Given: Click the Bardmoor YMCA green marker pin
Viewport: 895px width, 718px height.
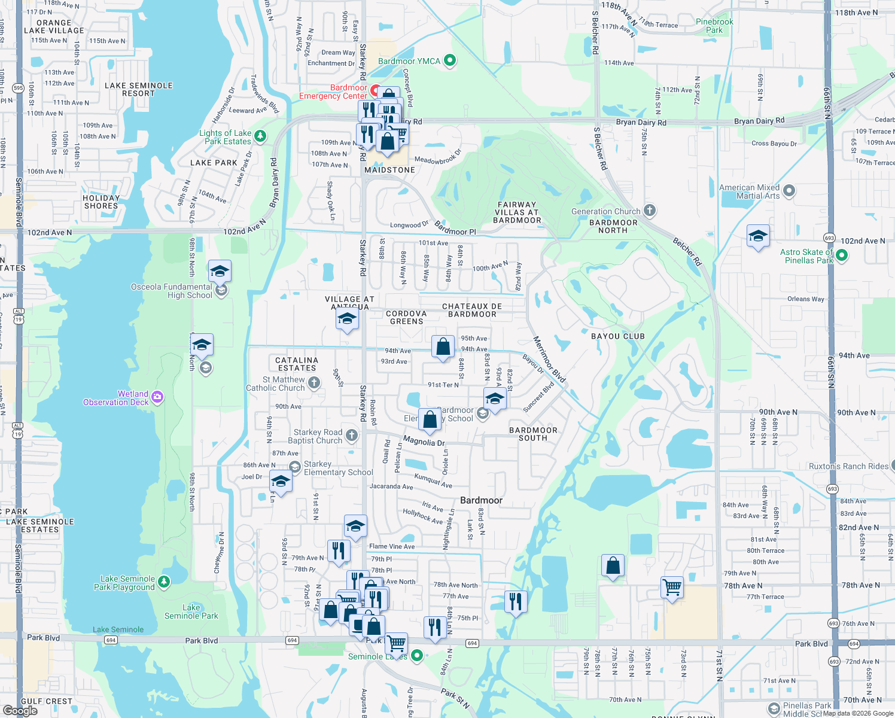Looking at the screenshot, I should (x=450, y=60).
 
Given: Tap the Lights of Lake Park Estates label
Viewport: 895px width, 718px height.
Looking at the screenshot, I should (x=226, y=138).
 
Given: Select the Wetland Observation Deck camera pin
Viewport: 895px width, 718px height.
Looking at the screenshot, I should (x=157, y=397).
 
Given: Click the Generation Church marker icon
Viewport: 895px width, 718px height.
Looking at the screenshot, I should (x=650, y=211).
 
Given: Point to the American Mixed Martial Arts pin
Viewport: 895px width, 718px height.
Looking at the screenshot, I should (x=789, y=191).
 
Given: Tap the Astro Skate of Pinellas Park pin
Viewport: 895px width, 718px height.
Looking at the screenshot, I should (x=842, y=255).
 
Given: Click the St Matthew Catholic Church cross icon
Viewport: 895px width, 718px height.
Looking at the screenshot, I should (x=315, y=383).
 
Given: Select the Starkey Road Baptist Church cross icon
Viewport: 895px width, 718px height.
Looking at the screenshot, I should (x=352, y=436).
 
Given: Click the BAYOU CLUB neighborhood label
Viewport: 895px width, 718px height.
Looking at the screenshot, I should (x=618, y=336).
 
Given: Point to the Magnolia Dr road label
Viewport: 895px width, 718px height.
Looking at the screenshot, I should (x=424, y=442).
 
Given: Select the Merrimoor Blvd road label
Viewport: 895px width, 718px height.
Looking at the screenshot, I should (x=549, y=359).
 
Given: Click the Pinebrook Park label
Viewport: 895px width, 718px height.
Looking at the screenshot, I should (x=714, y=26).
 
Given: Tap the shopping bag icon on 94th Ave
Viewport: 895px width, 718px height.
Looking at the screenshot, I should (x=443, y=347).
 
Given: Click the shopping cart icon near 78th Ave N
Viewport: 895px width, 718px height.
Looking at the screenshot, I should (x=672, y=587).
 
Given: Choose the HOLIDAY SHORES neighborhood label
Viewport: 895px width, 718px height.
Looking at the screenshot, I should (x=101, y=202).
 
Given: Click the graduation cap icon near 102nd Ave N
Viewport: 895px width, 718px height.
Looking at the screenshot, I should (x=758, y=236).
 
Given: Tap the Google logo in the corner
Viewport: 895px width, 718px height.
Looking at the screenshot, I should (x=20, y=711).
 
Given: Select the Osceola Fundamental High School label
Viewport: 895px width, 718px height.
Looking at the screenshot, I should (x=172, y=291).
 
